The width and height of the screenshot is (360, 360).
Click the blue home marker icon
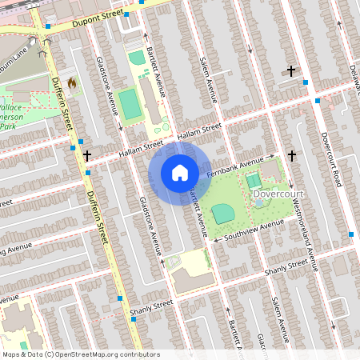tap(180, 173)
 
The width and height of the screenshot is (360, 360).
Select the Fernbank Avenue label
tap(235, 165)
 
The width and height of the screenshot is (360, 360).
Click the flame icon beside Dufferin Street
tap(72, 82)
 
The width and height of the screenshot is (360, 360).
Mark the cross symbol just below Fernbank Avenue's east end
tap(292, 155)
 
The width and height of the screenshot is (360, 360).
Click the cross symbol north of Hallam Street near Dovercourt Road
tap(290, 72)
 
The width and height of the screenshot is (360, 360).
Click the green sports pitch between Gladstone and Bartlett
tap(128, 102)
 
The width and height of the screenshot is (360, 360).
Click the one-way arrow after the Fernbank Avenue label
tap(271, 157)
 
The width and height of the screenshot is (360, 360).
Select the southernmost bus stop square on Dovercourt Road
tap(350, 234)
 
